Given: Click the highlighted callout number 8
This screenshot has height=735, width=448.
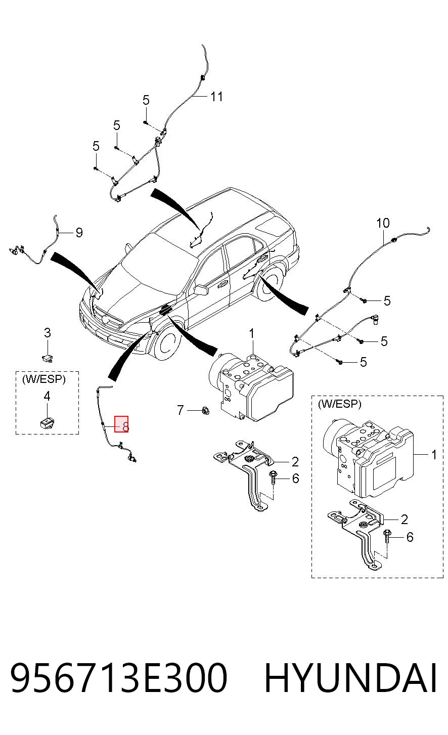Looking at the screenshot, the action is click(125, 426).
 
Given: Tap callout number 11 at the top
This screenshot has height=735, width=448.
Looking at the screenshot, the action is click(216, 97).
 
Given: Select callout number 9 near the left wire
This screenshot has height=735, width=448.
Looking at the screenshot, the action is click(79, 233).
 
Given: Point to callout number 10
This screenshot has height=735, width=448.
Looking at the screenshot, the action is click(383, 223).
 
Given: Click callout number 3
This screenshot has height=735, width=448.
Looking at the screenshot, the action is click(48, 333).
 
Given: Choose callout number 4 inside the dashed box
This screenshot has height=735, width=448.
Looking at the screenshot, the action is click(47, 396).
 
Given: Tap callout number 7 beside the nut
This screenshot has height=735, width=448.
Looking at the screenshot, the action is click(180, 410).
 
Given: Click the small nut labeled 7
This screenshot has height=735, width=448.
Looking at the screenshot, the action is click(206, 410).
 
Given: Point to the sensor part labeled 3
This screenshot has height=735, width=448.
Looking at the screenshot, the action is click(48, 357).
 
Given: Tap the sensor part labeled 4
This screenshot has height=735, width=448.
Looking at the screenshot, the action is click(47, 422).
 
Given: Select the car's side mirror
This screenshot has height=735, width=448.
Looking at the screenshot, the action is click(201, 290).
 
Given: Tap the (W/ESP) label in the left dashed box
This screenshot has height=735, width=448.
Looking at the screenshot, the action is click(44, 379).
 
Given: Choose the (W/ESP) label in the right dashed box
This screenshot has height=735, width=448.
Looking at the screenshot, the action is click(340, 404).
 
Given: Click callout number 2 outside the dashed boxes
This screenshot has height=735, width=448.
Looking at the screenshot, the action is click(295, 462).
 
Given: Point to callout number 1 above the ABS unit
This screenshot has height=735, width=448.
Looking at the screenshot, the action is click(251, 334).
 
